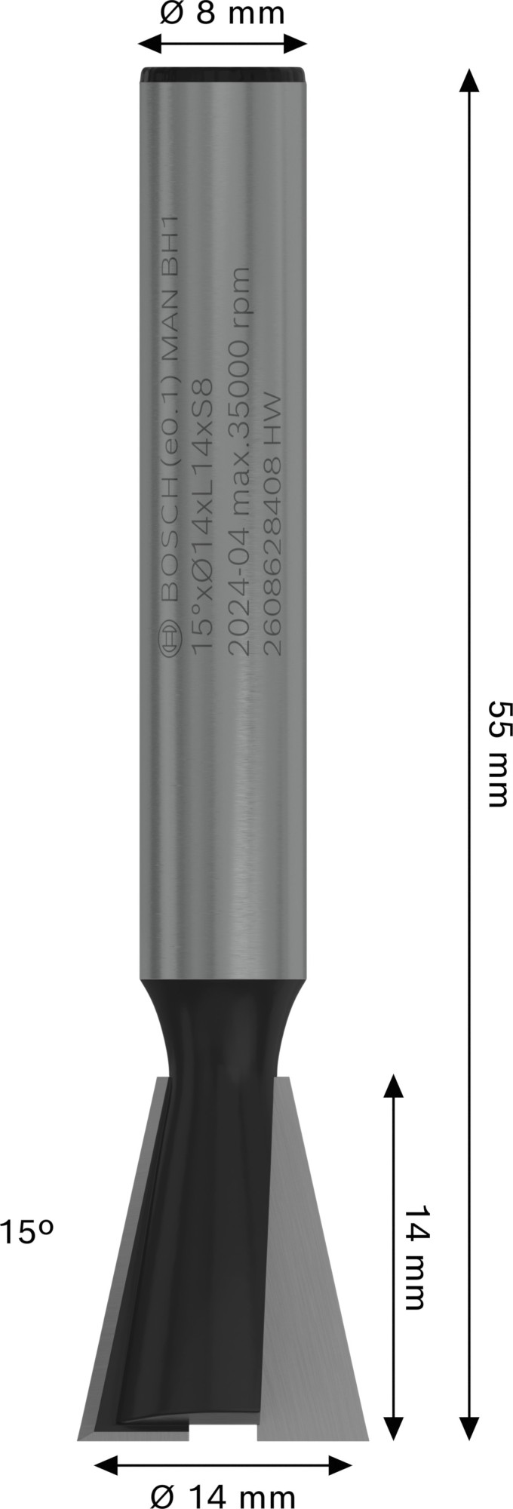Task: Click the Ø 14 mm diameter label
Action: click(x=223, y=1493)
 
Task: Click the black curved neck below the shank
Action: click(x=223, y=1026)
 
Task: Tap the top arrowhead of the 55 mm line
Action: click(x=469, y=79)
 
